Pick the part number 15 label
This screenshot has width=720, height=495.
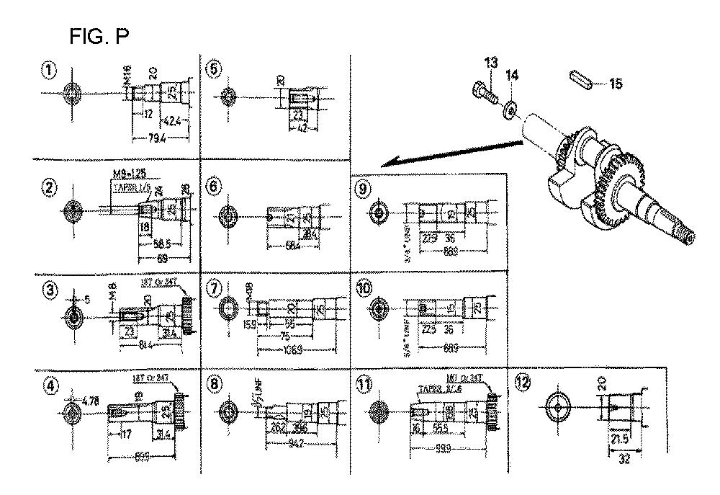pyautogui.click(x=616, y=84)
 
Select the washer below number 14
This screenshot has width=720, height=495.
pyautogui.click(x=510, y=110)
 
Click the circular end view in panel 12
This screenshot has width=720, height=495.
pyautogui.click(x=559, y=407)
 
